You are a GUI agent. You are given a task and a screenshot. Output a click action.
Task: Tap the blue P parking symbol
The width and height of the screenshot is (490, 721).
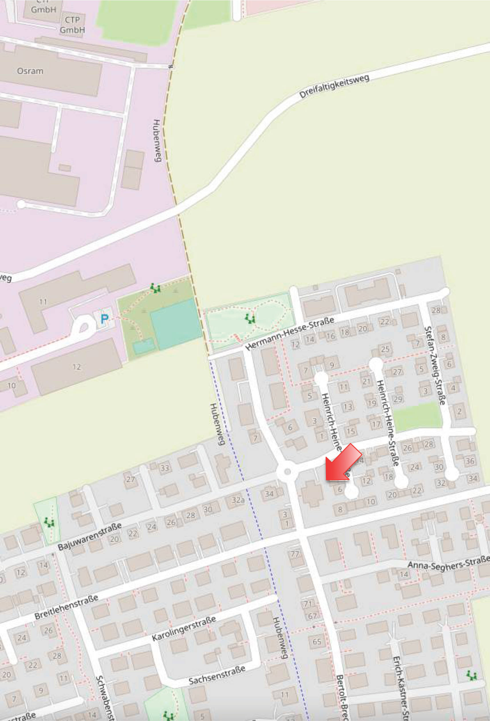point(105,319)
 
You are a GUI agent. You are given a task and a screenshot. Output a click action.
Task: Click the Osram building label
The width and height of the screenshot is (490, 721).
point(30,71)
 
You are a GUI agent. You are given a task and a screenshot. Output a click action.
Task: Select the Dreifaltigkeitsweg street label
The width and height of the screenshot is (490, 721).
point(334,86)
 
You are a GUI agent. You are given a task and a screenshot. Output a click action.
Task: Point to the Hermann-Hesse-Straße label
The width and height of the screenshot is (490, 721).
point(290,334)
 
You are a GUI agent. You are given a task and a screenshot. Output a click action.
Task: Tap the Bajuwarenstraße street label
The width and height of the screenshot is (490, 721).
point(90,536)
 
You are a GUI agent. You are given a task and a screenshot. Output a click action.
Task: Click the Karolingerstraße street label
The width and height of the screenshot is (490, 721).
point(184,628)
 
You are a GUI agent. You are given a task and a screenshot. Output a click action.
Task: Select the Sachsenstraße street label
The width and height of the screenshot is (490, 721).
point(217,676)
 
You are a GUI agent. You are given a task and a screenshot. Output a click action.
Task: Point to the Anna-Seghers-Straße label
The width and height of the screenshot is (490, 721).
point(448,562)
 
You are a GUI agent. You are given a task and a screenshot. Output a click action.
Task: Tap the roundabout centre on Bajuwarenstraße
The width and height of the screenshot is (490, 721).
point(288,472)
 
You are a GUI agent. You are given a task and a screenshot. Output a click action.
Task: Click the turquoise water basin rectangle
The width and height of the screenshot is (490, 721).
point(176,320)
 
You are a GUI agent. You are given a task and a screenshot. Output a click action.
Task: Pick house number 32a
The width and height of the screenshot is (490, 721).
point(238,500)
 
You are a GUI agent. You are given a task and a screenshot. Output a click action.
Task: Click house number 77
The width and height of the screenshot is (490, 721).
point(294,554)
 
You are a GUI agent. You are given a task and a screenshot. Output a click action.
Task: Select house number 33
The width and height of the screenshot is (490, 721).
point(165,468)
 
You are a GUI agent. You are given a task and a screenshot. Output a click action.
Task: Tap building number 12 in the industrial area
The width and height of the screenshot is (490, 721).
point(76,367)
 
